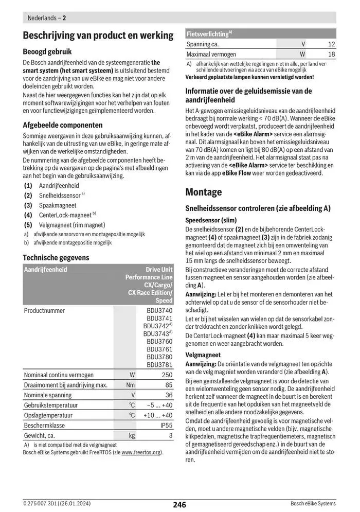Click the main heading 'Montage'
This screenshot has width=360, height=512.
pyautogui.click(x=204, y=192)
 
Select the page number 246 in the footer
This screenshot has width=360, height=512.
pyautogui.click(x=179, y=504)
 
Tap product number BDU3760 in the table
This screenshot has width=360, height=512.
pyautogui.click(x=159, y=341)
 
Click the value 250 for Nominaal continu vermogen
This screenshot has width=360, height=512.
pyautogui.click(x=167, y=375)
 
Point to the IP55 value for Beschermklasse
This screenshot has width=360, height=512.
pyautogui.click(x=166, y=425)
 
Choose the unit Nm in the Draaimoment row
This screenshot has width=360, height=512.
pyautogui.click(x=131, y=385)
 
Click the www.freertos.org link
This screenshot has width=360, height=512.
pyautogui.click(x=141, y=452)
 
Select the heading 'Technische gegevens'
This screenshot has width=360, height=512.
pyautogui.click(x=56, y=257)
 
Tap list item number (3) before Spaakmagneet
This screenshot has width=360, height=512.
pyautogui.click(x=28, y=205)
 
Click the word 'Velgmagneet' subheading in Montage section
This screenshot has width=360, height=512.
pyautogui.click(x=203, y=355)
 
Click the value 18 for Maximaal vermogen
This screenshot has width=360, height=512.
pyautogui.click(x=331, y=54)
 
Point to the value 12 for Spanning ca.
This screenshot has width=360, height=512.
pyautogui.click(x=331, y=44)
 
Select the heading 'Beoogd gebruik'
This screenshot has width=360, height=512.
pyautogui.click(x=47, y=51)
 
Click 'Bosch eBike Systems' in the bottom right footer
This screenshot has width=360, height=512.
pyautogui.click(x=313, y=504)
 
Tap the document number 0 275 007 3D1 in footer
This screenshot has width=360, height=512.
pyautogui.click(x=41, y=504)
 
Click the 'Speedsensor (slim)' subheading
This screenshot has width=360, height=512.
pyautogui.click(x=211, y=220)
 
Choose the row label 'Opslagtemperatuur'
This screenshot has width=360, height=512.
pyautogui.click(x=49, y=415)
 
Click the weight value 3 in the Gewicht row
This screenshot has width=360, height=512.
pyautogui.click(x=171, y=435)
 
